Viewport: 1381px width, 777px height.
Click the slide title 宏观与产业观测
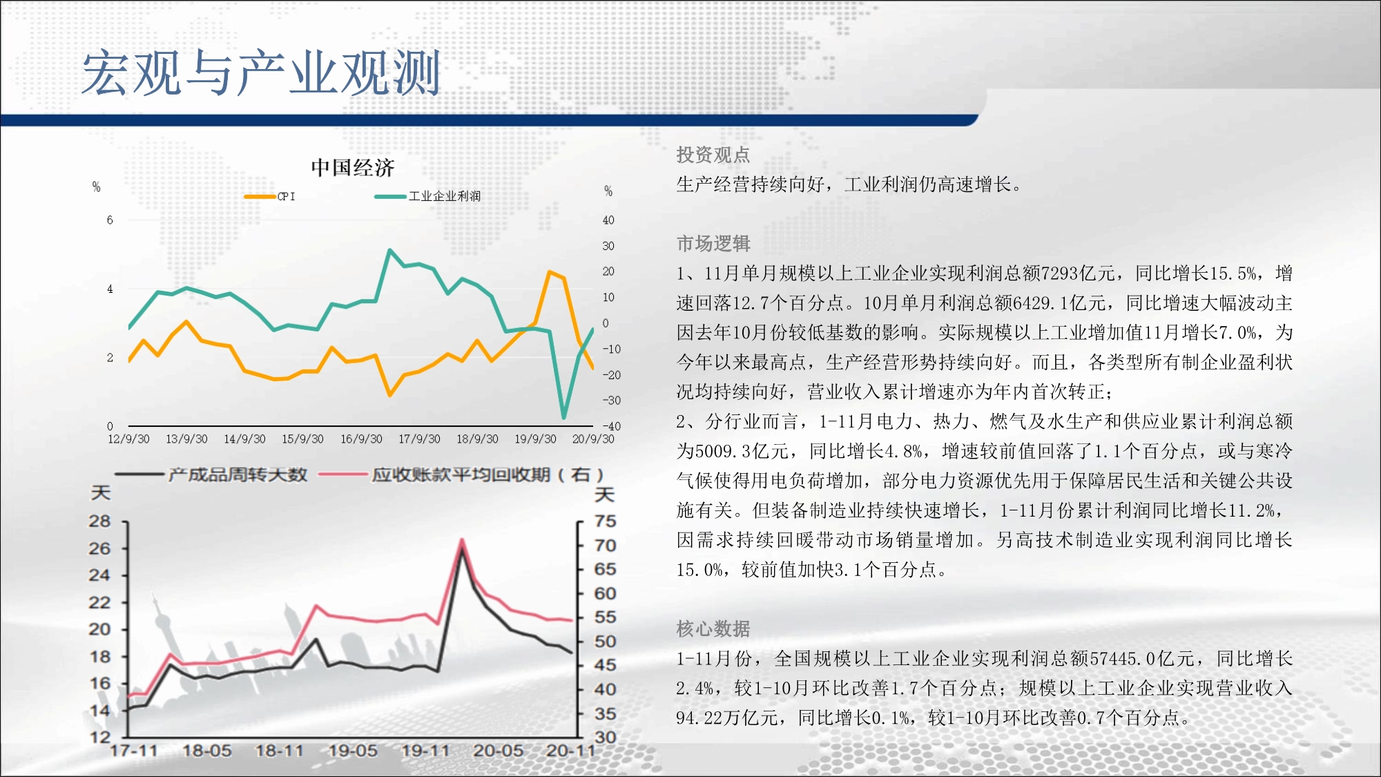click(x=261, y=73)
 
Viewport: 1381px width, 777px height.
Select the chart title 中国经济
click(x=352, y=167)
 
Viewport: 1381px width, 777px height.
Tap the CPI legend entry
click(x=269, y=196)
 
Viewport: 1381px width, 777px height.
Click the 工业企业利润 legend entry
click(x=427, y=196)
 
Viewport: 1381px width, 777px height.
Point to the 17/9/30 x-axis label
click(x=419, y=439)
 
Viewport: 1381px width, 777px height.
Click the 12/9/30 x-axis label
click(x=128, y=439)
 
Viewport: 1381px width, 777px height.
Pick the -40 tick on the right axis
click(x=612, y=426)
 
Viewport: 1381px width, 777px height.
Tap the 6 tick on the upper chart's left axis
click(x=110, y=220)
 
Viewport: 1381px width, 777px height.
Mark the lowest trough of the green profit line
click(x=564, y=417)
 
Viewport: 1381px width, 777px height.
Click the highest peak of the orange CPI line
click(x=550, y=272)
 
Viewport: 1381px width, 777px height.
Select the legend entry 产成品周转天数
click(x=211, y=474)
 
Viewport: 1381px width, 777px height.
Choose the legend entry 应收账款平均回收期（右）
click(x=461, y=474)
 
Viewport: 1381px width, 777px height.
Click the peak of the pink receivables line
click(x=461, y=540)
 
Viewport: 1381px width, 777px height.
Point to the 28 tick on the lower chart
click(x=99, y=521)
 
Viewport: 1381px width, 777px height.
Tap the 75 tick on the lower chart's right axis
click(x=606, y=521)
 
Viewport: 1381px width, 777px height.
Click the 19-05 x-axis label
click(x=353, y=751)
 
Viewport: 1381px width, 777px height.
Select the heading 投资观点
click(x=713, y=155)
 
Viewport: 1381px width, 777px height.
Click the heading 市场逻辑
click(x=713, y=243)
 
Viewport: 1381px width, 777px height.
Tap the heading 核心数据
click(x=713, y=629)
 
